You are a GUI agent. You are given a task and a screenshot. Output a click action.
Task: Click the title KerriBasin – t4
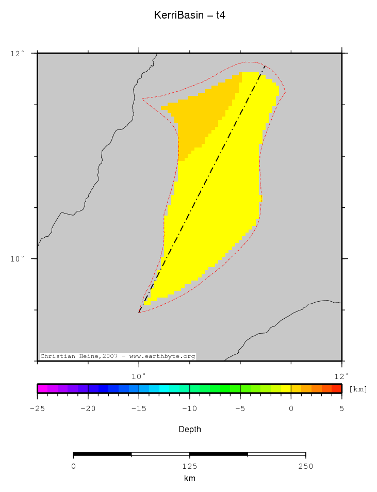pos(189,15)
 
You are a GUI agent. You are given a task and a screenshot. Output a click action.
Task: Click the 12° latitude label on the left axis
pos(18,53)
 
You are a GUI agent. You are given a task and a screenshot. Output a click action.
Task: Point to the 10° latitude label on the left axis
pos(18,258)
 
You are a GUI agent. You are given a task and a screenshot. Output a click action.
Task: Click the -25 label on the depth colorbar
pos(37,408)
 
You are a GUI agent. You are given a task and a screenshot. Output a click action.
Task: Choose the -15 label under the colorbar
pos(139,408)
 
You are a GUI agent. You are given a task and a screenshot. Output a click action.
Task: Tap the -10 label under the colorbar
pos(189,408)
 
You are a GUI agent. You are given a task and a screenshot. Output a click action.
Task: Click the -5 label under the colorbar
pos(240,408)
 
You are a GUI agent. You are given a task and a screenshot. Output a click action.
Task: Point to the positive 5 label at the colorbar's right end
pos(342,408)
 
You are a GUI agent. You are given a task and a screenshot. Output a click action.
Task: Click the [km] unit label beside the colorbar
pos(358,389)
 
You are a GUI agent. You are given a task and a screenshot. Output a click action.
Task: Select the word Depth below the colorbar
pos(189,429)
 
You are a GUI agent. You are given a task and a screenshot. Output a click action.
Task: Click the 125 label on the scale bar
pos(189,466)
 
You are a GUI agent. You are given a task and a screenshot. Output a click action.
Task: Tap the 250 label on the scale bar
pos(305,466)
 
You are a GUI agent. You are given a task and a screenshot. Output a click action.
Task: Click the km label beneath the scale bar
pos(189,479)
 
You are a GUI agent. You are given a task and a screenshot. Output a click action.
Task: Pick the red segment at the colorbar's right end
pos(337,388)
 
